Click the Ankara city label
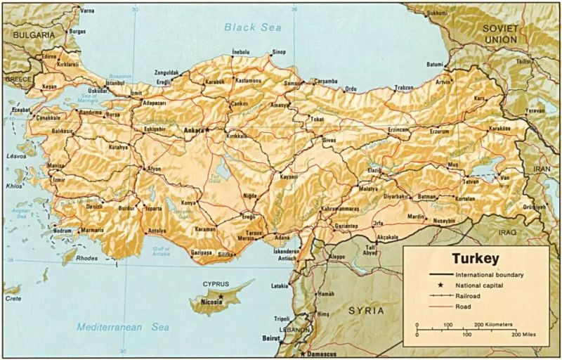[192, 131]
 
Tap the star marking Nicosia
[221, 296]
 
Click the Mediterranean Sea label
[124, 327]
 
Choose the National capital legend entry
[482, 286]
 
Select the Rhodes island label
[87, 258]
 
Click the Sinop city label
[279, 52]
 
